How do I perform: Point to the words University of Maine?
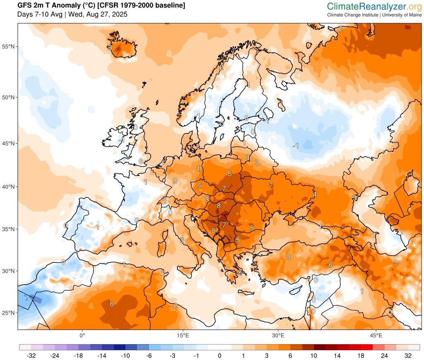(x=402, y=15)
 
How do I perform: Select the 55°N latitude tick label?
(x=9, y=46)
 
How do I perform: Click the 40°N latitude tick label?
(x=9, y=187)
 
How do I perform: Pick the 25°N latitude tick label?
(x=9, y=313)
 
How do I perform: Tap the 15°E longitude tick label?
(x=183, y=335)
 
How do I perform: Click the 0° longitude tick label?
(x=82, y=335)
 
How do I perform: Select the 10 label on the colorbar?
(x=314, y=355)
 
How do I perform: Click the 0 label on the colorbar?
(x=219, y=355)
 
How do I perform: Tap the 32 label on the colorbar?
(x=408, y=355)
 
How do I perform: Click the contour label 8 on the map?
(x=218, y=205)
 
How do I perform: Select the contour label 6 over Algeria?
(x=111, y=304)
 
